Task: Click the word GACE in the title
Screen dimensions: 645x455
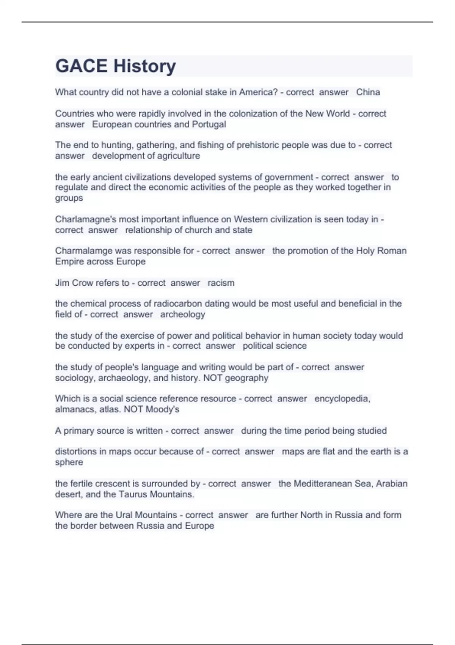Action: pyautogui.click(x=81, y=66)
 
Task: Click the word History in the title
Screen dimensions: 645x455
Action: pyautogui.click(x=145, y=66)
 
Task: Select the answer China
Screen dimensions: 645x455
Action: pyautogui.click(x=368, y=92)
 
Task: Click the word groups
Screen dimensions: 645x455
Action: pyautogui.click(x=69, y=198)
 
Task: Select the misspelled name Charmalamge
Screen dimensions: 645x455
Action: pyautogui.click(x=83, y=251)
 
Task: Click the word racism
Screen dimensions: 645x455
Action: pyautogui.click(x=221, y=283)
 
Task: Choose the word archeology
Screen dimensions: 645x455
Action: pyautogui.click(x=182, y=315)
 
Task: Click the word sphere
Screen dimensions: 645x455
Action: pyautogui.click(x=69, y=463)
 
